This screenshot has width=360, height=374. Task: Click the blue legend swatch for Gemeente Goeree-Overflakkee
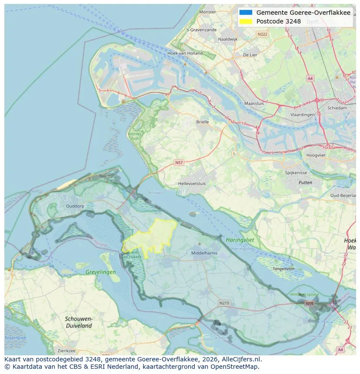point(245,13)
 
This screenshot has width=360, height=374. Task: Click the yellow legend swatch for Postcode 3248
point(245,21)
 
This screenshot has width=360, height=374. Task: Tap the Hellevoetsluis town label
point(192,184)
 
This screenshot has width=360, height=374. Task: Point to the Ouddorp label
point(74,206)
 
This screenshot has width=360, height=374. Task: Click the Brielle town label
point(202,122)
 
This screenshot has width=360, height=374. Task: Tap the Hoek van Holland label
point(185,53)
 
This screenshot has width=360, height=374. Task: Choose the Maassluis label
point(254,104)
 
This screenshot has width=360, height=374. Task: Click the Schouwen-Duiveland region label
point(78,322)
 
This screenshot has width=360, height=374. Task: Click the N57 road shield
point(179,162)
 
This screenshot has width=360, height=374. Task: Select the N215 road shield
point(224,303)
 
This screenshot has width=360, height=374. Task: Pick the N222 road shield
point(262,34)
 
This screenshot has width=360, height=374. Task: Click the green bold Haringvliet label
point(240,240)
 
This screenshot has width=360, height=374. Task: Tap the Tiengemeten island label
point(283,268)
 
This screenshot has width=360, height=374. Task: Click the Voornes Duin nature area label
point(134,136)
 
